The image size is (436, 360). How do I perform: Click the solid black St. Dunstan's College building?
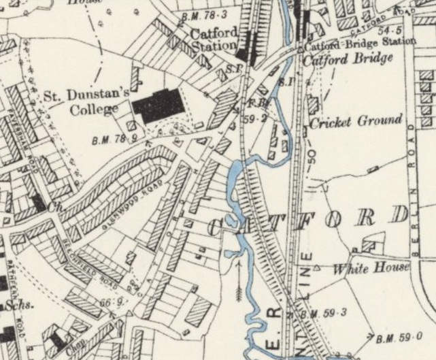158,105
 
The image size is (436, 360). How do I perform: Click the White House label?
371,268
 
